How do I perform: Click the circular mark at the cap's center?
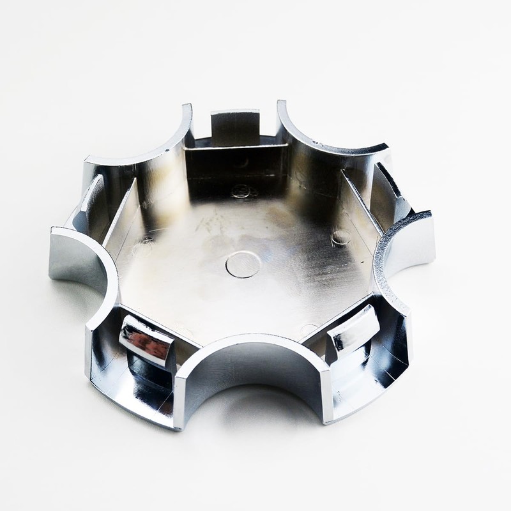point(243,264)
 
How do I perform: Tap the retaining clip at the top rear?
point(235,126)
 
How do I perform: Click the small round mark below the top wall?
point(241,190)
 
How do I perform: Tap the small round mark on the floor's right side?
point(340,238)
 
